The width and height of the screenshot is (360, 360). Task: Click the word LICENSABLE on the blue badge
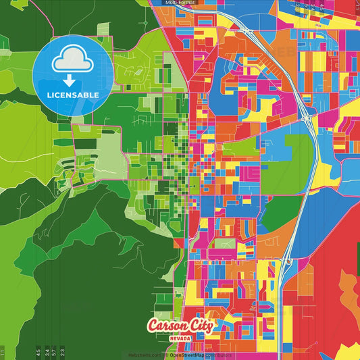coord(73,95)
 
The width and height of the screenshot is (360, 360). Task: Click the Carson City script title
coord(180,326)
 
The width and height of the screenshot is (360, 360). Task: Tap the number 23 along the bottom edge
coord(62,351)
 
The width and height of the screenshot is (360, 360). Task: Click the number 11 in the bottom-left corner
coord(3,352)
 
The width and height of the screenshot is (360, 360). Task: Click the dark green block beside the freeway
coord(278,213)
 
